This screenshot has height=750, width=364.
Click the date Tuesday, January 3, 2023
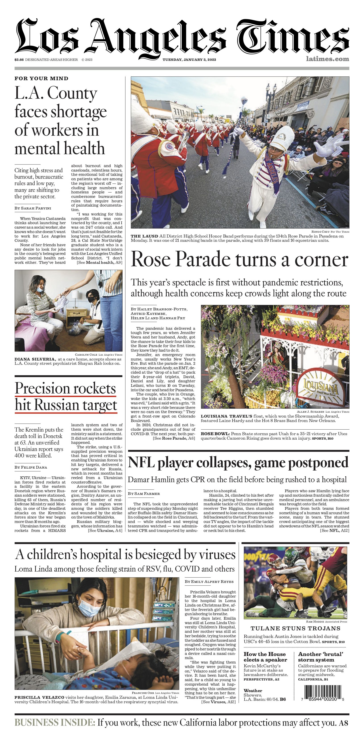click(189, 60)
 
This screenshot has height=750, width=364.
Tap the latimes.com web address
click(327, 59)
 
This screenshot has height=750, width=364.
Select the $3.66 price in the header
click(19, 60)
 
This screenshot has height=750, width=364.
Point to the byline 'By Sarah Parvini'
click(33, 208)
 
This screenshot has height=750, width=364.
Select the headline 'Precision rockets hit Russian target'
click(66, 397)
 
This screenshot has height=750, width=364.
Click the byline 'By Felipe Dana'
click(31, 467)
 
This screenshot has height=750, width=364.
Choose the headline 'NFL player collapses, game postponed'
click(238, 463)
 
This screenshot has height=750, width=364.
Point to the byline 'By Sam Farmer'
click(144, 494)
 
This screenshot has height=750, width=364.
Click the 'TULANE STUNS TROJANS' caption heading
click(295, 628)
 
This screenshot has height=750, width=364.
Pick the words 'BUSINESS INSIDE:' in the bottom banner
click(55, 723)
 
